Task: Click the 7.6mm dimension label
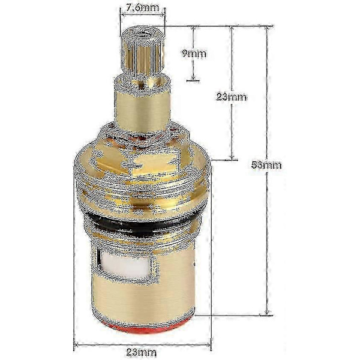(142, 8)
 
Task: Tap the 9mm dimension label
(194, 53)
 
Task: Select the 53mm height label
(266, 165)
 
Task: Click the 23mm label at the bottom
(142, 352)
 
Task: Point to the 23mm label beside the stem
(232, 97)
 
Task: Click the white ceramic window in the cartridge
(126, 265)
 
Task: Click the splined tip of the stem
(142, 53)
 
